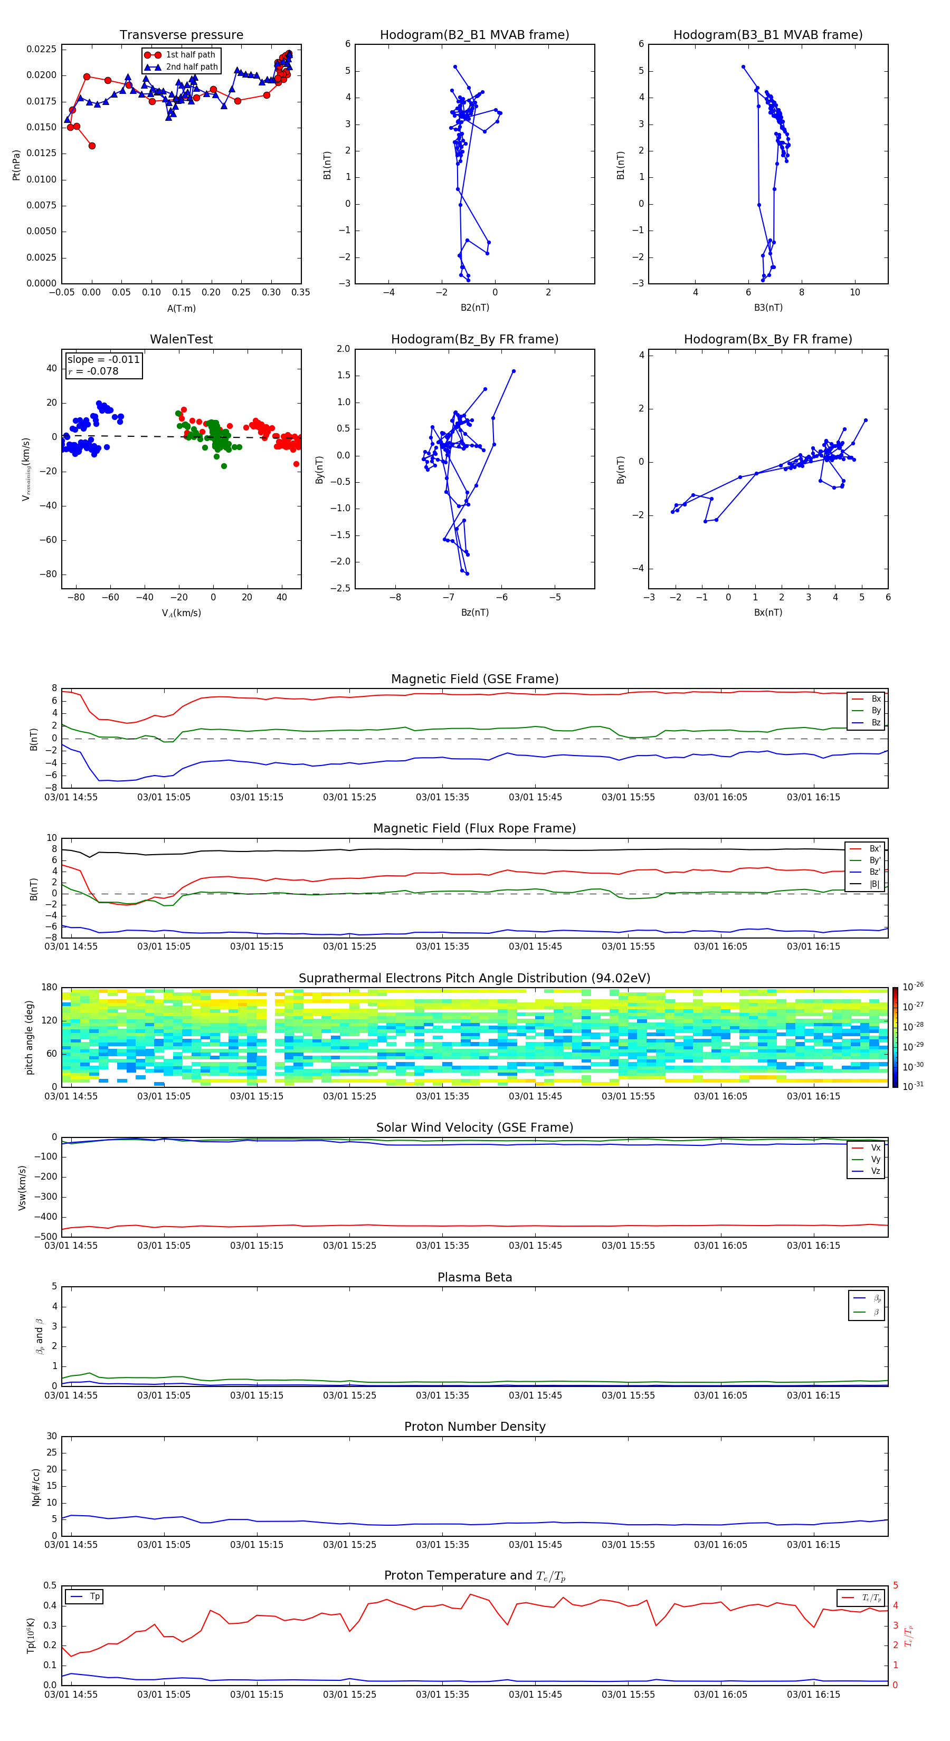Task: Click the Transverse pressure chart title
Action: (x=181, y=35)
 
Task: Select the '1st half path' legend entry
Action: (x=190, y=55)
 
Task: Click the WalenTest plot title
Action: (x=181, y=339)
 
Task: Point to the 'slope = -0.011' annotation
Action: (x=103, y=360)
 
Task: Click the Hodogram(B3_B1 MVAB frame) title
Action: (x=767, y=35)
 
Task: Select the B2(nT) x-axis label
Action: (x=474, y=308)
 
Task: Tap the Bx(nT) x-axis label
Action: (x=767, y=613)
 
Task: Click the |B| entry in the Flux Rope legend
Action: (x=875, y=884)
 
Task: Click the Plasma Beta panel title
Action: (x=474, y=1277)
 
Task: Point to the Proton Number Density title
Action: (x=474, y=1427)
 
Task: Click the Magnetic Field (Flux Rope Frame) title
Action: (x=474, y=829)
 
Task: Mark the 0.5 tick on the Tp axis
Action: (x=50, y=1585)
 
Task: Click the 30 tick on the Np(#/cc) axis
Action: (x=51, y=1436)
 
